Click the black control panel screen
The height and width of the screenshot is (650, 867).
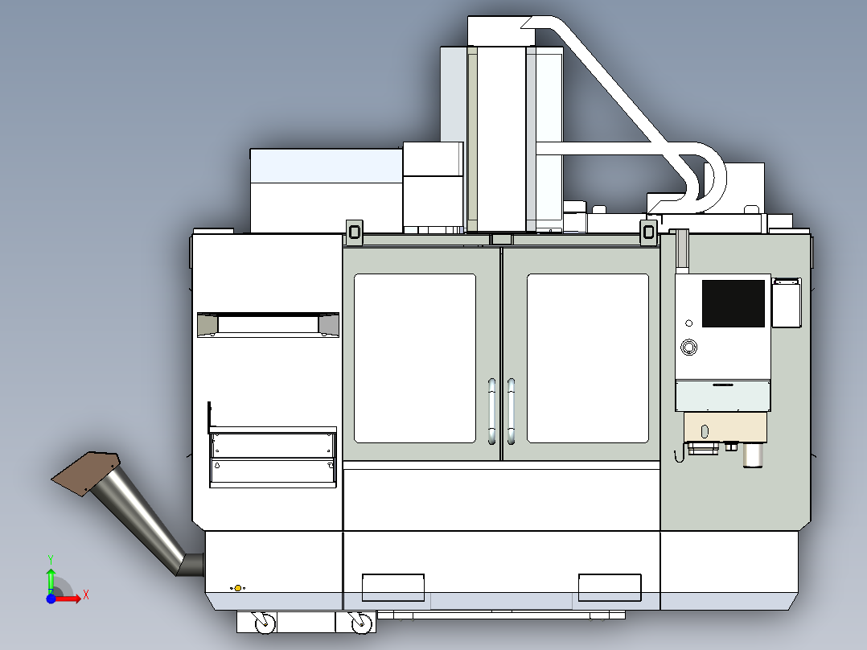[733, 303]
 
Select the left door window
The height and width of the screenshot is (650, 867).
[414, 358]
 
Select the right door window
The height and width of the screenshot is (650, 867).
[587, 358]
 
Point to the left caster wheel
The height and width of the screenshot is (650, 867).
[263, 622]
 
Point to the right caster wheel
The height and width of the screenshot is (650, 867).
[361, 622]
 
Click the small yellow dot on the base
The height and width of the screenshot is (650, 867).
[237, 588]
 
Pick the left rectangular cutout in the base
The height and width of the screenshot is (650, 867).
[393, 587]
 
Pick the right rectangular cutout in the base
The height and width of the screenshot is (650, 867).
[610, 587]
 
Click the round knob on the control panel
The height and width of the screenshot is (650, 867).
[688, 348]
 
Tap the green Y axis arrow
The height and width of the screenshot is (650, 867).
[50, 578]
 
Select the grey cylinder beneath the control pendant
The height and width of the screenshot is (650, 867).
[753, 455]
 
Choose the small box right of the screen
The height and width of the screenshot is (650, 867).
[787, 302]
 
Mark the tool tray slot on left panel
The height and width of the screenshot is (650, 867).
[268, 324]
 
